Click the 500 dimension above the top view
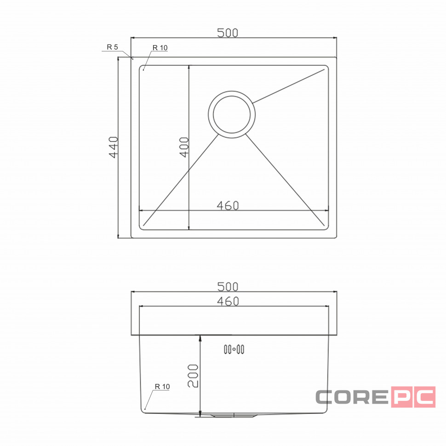228,33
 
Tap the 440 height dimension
114,147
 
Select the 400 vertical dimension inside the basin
184,147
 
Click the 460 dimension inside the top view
228,206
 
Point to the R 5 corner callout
112,47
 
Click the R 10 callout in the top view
160,47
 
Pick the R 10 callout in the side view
162,386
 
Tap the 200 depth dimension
193,376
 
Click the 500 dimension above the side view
228,287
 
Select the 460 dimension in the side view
228,301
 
